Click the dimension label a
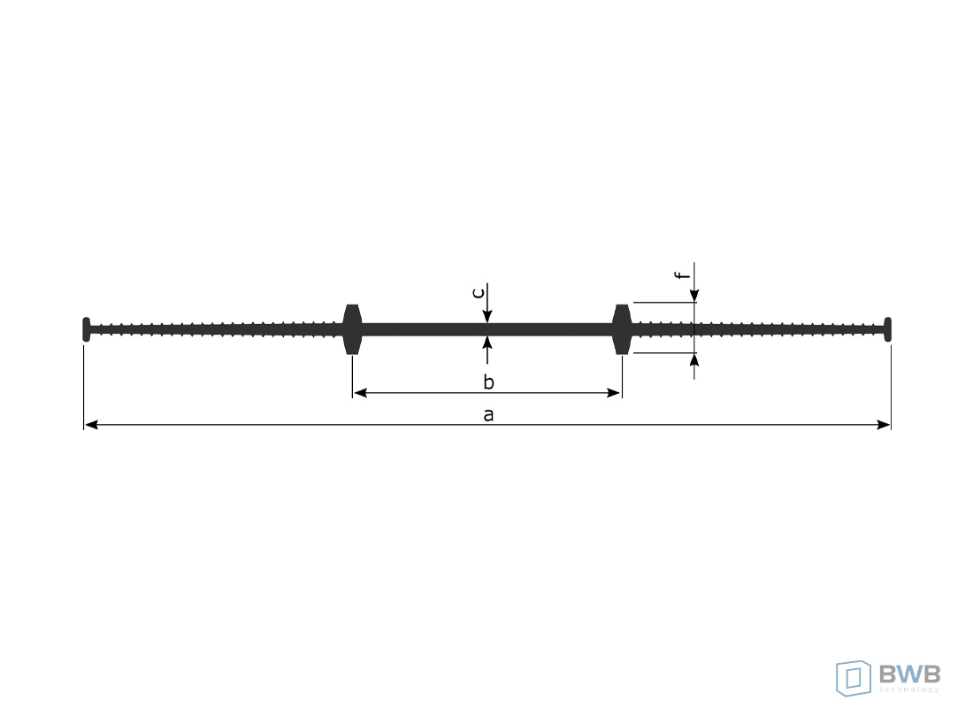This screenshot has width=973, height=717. [488, 415]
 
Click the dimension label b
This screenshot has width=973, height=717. [489, 382]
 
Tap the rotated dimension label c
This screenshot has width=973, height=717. [479, 292]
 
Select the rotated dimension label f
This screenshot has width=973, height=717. [683, 275]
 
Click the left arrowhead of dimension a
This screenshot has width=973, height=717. [91, 425]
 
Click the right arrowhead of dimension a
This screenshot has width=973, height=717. [883, 425]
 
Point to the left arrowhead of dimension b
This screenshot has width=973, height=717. [360, 392]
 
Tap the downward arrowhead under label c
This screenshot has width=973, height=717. [487, 316]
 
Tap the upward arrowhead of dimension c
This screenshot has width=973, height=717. [487, 343]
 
